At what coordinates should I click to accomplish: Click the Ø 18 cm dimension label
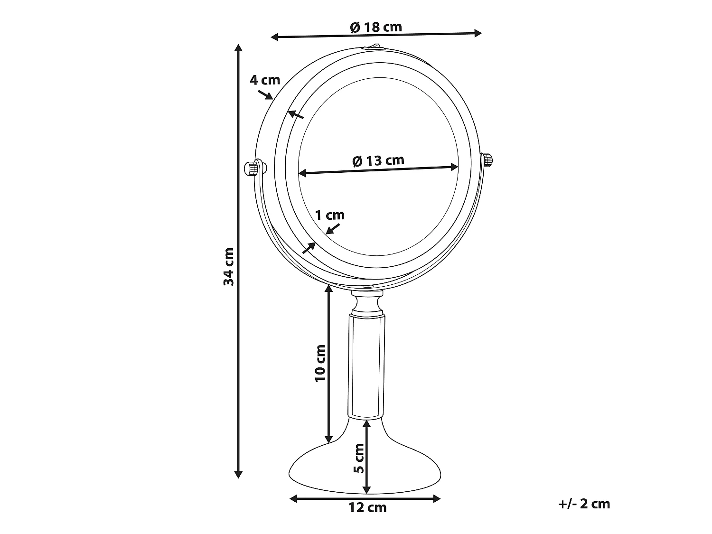376,27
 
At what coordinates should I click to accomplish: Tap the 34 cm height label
229,266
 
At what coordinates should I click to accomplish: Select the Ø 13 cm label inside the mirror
378,160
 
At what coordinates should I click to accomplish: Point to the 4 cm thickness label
265,80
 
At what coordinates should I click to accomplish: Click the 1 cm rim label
330,215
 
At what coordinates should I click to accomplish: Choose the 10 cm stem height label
320,363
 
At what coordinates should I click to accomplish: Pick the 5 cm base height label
359,459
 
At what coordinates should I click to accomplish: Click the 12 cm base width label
367,507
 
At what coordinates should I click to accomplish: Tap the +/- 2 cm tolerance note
584,504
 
